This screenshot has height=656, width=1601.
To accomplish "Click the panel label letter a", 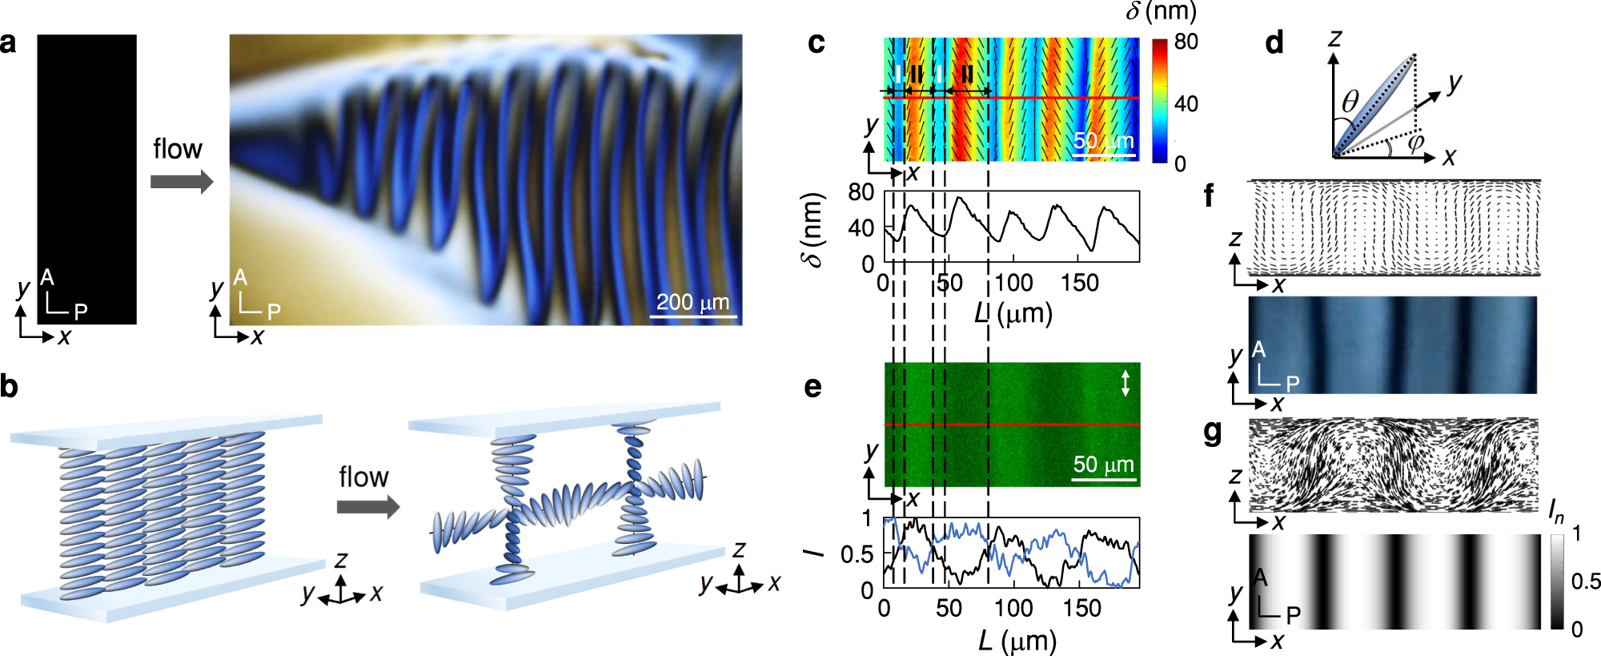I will coord(8,42).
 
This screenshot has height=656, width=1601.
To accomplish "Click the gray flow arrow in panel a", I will coord(182,181).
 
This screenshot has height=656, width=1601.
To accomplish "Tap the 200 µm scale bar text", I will coord(692,302).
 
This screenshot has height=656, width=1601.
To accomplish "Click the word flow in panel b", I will coord(363,477).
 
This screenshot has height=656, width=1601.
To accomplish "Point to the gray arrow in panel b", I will coord(367,507).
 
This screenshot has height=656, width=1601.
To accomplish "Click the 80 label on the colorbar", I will coord(1186,42).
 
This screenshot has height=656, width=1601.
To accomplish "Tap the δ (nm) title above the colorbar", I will coord(1161,11).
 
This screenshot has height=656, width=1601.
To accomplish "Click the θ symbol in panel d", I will coord(1350,101).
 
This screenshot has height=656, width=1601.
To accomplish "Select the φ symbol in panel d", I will coord(1415,142).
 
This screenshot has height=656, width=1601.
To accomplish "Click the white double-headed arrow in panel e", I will coord(1125,382).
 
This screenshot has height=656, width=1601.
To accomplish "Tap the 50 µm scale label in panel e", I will coord(1103,465).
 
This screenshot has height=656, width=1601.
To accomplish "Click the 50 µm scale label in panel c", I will coord(1103,141).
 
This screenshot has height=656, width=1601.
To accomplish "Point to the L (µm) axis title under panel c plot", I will coord(1013,313).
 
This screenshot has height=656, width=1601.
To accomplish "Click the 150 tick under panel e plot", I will coord(1081,609).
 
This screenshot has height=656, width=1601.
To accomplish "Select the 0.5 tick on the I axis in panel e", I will coord(857,554).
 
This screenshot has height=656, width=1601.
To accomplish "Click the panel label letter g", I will coord(1213,432).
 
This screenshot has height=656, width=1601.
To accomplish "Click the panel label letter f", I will coord(1209,195).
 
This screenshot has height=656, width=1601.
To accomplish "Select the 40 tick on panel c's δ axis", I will coord(861,228).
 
